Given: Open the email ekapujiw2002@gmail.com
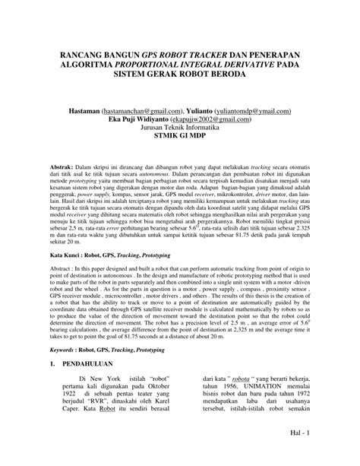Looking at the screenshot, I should point(224,119).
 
